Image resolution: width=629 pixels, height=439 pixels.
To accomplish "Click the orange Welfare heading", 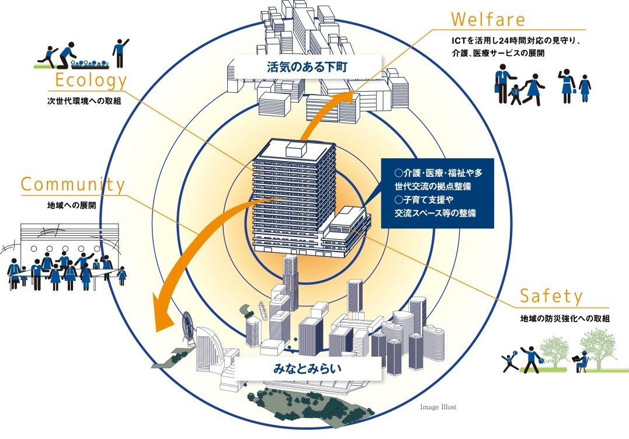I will [x=488, y=19].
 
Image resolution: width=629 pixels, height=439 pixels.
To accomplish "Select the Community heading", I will [x=73, y=185].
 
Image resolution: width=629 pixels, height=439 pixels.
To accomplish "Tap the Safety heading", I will [x=551, y=296].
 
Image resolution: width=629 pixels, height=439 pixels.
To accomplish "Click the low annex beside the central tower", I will [x=348, y=231].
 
